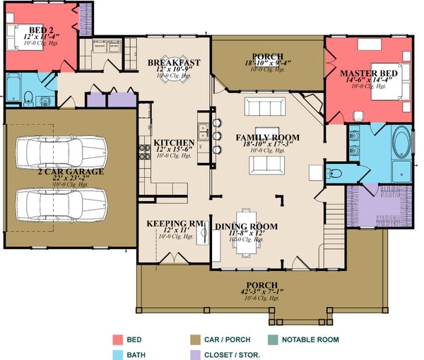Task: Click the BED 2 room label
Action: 33,28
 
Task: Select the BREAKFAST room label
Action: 174,63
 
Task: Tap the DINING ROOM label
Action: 247,227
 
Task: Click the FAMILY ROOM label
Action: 267,138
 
